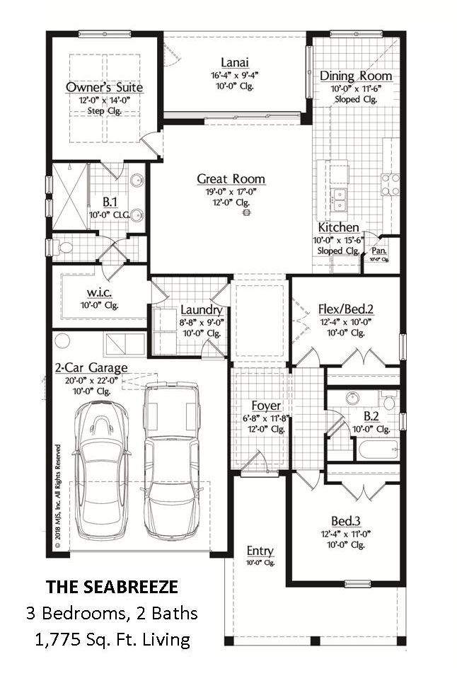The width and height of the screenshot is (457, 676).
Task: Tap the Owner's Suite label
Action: [x=104, y=88]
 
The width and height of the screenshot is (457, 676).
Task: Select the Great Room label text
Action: [x=231, y=179]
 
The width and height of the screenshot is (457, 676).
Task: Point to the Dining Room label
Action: [x=356, y=76]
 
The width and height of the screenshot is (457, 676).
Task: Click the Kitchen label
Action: [x=338, y=227]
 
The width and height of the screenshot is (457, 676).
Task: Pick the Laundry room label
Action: [x=202, y=310]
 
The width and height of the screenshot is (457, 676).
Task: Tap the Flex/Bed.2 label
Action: [x=345, y=309]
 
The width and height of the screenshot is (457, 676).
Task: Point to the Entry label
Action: [x=260, y=551]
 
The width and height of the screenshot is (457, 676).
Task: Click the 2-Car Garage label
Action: [x=91, y=367]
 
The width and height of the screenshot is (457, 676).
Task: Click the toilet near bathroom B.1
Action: [x=64, y=248]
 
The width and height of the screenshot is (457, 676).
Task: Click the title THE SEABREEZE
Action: [x=112, y=587]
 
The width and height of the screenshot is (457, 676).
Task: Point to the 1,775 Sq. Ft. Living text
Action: [x=112, y=640]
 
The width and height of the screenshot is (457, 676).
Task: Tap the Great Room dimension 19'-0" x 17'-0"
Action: [x=231, y=191]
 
